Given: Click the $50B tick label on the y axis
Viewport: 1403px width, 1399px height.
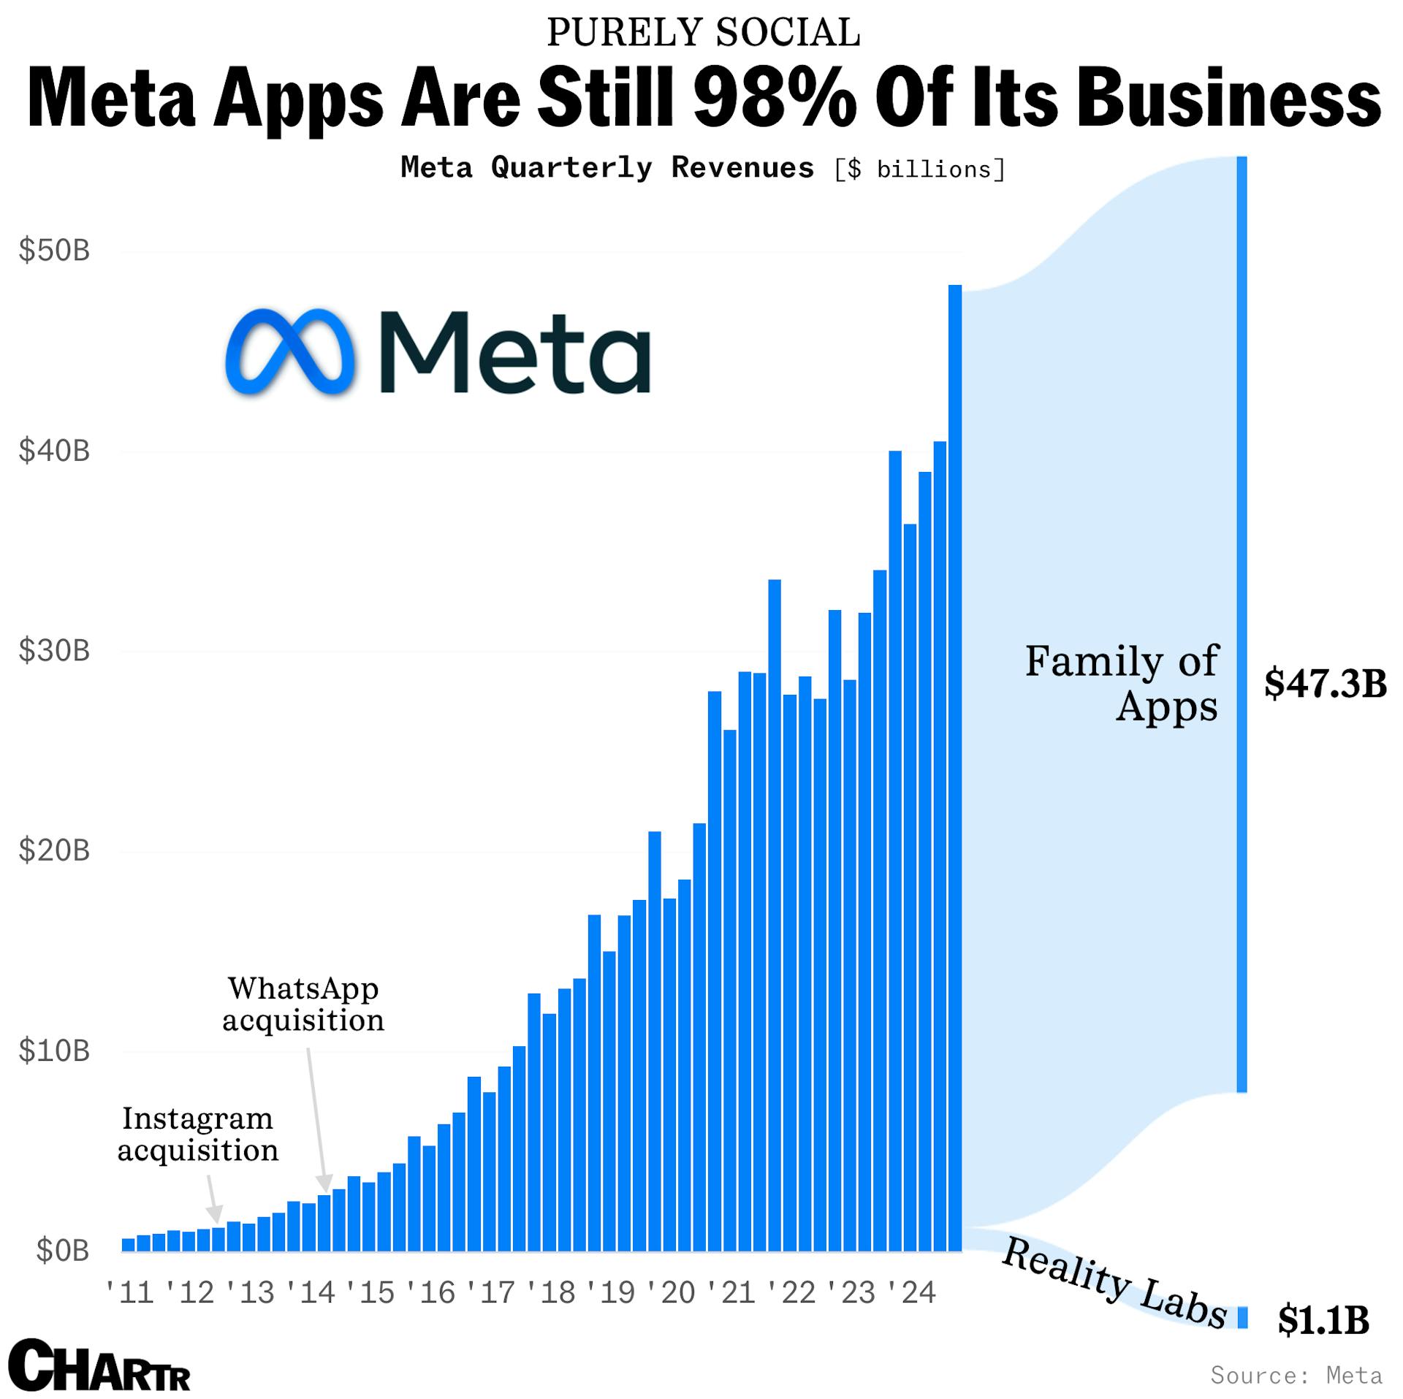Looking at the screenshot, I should click(x=54, y=251).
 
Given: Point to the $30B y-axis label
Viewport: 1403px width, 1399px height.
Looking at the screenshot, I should click(x=54, y=650).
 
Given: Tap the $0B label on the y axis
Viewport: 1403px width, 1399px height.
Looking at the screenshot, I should click(x=63, y=1251).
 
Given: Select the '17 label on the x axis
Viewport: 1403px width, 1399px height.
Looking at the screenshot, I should click(x=491, y=1293).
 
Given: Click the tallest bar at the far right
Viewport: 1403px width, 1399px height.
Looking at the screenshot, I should click(x=954, y=767).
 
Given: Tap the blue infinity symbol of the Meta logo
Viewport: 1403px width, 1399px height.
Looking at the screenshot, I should click(x=289, y=352).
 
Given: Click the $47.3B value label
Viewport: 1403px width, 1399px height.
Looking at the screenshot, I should click(x=1326, y=684).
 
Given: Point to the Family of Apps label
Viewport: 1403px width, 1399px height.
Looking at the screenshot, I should click(x=1122, y=683).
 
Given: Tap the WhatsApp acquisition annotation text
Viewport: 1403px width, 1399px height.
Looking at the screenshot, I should click(x=303, y=1004).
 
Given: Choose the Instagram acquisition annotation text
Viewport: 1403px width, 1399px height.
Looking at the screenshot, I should click(x=198, y=1134).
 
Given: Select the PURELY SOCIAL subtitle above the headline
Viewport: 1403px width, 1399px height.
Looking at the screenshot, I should click(x=703, y=33).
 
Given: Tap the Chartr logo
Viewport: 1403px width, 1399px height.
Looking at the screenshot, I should click(x=103, y=1365).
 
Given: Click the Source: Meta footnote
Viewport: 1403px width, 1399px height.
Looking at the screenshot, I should click(x=1296, y=1375).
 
